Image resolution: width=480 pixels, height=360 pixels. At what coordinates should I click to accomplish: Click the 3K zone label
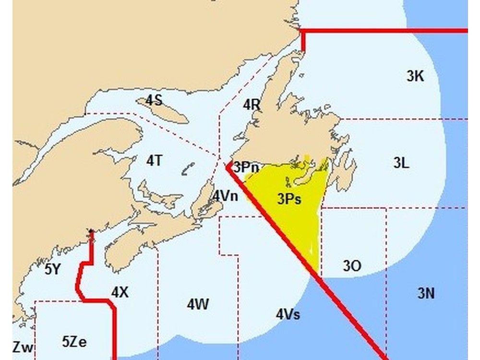[x=415, y=76]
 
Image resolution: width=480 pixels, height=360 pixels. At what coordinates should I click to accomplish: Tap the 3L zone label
[x=401, y=163]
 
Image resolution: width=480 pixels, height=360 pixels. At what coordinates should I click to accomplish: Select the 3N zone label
[x=426, y=293]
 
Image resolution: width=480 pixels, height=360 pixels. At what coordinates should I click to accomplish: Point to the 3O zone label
[x=352, y=265]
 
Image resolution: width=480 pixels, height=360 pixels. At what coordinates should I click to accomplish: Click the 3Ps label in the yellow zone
[x=289, y=199]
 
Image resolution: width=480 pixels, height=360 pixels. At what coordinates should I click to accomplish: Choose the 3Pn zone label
[x=246, y=168]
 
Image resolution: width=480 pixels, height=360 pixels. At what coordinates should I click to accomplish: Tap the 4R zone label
[x=252, y=105]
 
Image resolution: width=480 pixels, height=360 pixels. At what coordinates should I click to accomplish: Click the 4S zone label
[x=154, y=100]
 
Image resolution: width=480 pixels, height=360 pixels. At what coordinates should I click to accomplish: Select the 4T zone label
[x=154, y=161]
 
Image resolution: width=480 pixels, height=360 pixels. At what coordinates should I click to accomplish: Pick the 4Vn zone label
[x=225, y=195]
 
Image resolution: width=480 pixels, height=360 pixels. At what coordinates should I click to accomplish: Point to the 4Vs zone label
[x=288, y=314]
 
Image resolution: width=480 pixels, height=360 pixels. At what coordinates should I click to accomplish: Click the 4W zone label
[x=198, y=304]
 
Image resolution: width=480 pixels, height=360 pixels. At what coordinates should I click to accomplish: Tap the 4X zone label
[x=120, y=292]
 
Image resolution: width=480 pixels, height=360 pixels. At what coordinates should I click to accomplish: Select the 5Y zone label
[x=53, y=269]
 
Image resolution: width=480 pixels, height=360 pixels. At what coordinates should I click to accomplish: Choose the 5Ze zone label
[x=74, y=342]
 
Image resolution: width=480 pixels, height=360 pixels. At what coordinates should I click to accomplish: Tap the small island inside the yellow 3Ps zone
[x=287, y=181]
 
